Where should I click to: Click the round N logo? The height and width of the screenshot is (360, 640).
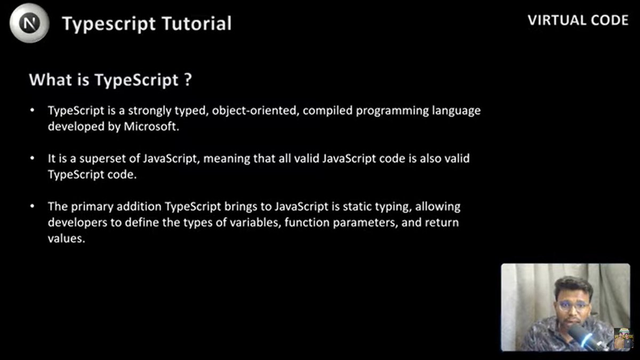click(x=29, y=23)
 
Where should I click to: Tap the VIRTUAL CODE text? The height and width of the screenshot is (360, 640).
click(x=578, y=20)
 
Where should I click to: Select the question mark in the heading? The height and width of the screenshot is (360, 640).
click(x=187, y=81)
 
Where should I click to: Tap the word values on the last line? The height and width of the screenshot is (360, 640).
click(x=66, y=239)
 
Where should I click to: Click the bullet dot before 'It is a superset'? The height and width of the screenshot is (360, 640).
click(x=33, y=158)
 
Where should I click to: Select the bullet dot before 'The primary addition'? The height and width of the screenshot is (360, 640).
click(x=33, y=206)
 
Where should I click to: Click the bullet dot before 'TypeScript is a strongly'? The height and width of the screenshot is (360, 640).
click(x=33, y=110)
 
